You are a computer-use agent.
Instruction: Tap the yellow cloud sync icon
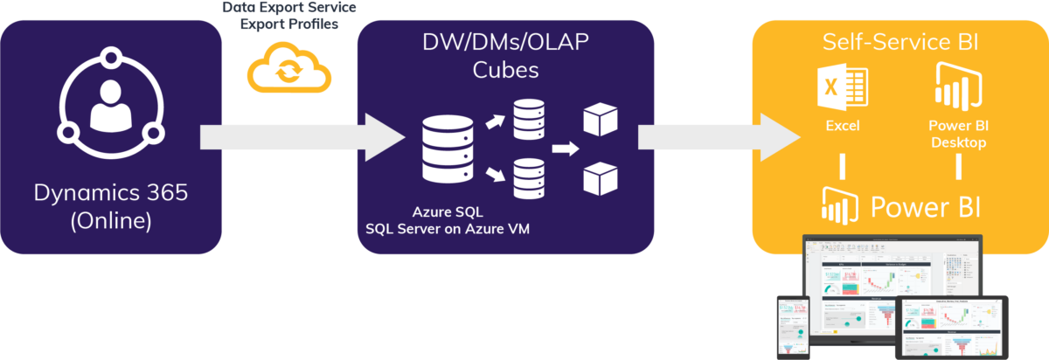pyautogui.click(x=289, y=69)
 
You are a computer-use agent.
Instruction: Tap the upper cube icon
pyautogui.click(x=601, y=119)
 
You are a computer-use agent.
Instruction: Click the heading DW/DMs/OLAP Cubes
pyautogui.click(x=505, y=55)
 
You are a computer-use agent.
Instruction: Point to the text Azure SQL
pyautogui.click(x=447, y=212)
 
